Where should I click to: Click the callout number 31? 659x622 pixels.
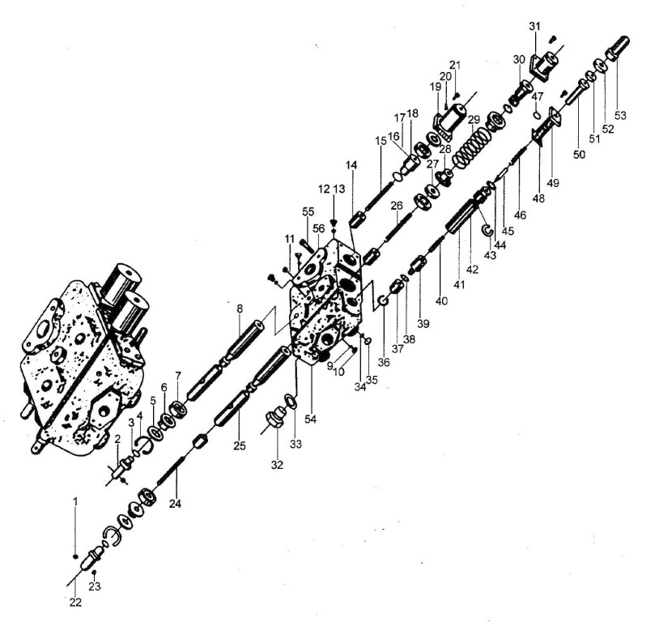click(534, 27)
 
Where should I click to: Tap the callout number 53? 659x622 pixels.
click(620, 115)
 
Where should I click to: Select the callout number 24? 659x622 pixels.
click(175, 504)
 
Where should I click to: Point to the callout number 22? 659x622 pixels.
click(75, 603)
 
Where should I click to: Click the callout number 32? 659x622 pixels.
click(277, 465)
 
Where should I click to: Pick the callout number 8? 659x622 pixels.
click(240, 309)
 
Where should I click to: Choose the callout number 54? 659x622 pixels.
click(310, 420)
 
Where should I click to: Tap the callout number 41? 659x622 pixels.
click(459, 285)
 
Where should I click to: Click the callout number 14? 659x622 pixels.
click(352, 165)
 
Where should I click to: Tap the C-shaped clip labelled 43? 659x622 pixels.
click(487, 230)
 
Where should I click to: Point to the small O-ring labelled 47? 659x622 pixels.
click(537, 115)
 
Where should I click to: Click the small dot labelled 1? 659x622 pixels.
click(75, 556)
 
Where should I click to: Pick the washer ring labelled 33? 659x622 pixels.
click(291, 401)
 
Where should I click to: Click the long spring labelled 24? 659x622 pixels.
click(171, 471)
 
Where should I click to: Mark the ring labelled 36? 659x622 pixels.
click(383, 300)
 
